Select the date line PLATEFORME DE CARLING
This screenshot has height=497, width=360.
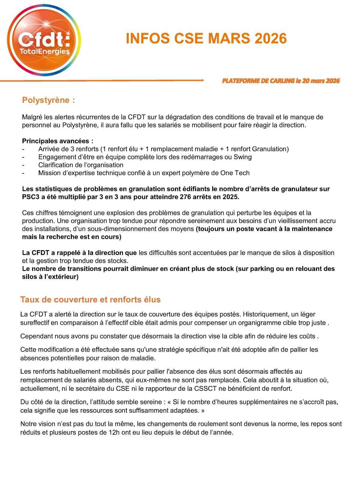point(281,81)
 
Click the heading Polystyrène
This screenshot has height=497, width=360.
point(48,100)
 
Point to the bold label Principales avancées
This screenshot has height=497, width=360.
point(58,141)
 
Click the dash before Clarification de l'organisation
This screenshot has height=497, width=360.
point(23,165)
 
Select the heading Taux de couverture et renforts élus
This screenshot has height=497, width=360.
point(90,300)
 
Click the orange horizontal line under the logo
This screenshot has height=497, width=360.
point(102,81)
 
